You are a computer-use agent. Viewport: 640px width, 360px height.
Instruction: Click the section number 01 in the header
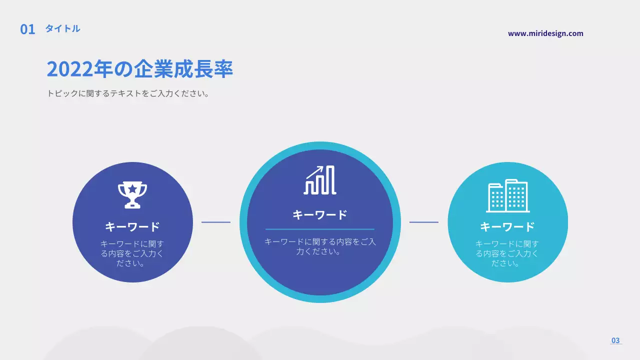27,29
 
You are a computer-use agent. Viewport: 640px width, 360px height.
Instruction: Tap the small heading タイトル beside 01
62,28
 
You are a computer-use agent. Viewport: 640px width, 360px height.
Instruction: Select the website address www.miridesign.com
545,33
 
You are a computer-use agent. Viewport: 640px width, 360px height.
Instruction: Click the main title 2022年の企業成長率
140,69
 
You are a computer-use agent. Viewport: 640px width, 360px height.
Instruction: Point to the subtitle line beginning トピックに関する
127,93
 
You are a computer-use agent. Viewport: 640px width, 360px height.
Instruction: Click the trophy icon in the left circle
132,194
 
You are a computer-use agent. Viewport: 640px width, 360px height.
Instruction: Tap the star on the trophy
132,188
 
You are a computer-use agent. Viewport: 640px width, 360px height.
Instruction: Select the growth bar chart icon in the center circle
320,180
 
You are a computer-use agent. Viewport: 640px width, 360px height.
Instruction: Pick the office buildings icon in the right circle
508,196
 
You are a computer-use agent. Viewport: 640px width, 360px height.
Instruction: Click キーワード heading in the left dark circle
132,226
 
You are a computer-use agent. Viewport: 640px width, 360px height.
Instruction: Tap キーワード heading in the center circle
320,215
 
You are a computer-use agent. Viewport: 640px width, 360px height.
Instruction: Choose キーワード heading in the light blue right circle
507,226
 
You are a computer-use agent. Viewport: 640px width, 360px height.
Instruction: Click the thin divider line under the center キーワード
320,229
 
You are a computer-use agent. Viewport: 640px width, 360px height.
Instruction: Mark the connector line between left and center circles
216,222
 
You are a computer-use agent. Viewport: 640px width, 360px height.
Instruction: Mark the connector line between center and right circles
424,222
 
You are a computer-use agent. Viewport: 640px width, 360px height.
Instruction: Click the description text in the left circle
132,253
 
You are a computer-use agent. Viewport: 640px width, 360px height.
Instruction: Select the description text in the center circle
320,246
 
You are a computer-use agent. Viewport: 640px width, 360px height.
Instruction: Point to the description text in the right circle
507,253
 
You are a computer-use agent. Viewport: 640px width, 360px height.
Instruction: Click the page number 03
615,340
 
